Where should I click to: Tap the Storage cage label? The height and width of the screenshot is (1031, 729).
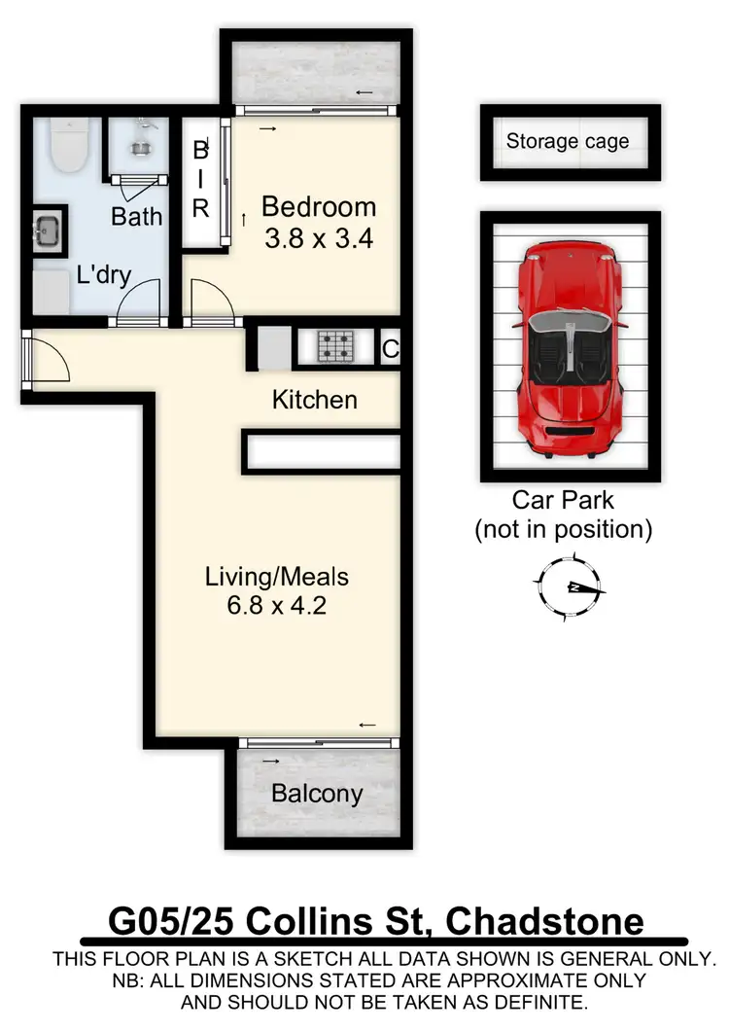coord(568,142)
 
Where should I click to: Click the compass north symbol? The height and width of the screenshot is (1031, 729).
coord(570,587)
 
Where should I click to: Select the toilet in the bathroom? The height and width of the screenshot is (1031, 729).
coord(69,145)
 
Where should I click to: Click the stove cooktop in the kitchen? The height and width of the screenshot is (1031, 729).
coord(337,347)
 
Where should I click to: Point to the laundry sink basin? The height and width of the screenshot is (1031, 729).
coord(49,231)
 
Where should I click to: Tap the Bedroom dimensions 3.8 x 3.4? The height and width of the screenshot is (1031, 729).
coord(320,236)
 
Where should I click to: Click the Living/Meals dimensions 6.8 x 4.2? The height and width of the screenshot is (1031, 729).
coord(276,606)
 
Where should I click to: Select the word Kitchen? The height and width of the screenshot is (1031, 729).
coord(314,400)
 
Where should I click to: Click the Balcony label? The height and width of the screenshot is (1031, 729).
coord(317,794)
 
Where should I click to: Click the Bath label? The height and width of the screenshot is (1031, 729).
coord(136,216)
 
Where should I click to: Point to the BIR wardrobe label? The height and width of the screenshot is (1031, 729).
coord(201,179)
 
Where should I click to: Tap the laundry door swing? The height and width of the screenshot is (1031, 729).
coord(138,298)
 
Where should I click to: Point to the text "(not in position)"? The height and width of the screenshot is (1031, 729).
coord(563,530)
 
